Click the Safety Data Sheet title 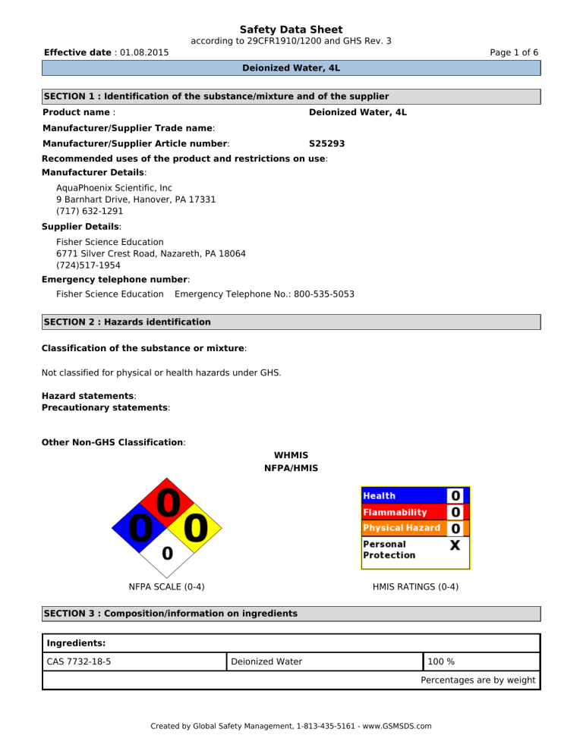pyautogui.click(x=291, y=30)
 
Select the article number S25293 pyautogui.click(x=327, y=143)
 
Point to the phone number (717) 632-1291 pyautogui.click(x=90, y=211)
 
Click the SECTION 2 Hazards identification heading pyautogui.click(x=127, y=322)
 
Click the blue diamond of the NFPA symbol pyautogui.click(x=138, y=526)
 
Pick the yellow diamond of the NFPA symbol pyautogui.click(x=195, y=526)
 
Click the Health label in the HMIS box pyautogui.click(x=380, y=496)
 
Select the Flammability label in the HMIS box pyautogui.click(x=395, y=512)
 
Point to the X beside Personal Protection pyautogui.click(x=454, y=545)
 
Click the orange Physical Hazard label pyautogui.click(x=402, y=527)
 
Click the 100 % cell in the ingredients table pyautogui.click(x=441, y=661)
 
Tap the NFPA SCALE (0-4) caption pyautogui.click(x=166, y=586)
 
